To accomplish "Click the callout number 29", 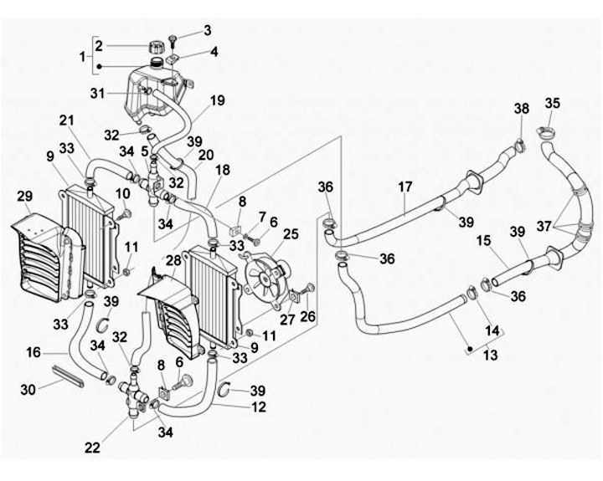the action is [24, 197].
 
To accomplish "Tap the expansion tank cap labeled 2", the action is [156, 48].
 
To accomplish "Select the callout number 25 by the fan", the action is [291, 234].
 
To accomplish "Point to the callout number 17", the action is [405, 187].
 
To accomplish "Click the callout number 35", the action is [553, 104].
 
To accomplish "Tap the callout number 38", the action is [522, 109].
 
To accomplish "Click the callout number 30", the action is [28, 390].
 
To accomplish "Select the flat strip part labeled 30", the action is [67, 376].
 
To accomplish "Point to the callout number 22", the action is [92, 448].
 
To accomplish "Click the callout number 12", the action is [259, 407].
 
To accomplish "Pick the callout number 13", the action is [490, 355].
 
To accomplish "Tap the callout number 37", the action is [544, 227].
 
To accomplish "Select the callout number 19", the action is [217, 100].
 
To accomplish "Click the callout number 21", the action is [66, 120].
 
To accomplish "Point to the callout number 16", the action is [33, 352].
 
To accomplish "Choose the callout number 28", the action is [173, 261].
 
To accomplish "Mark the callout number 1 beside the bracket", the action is [82, 57].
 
